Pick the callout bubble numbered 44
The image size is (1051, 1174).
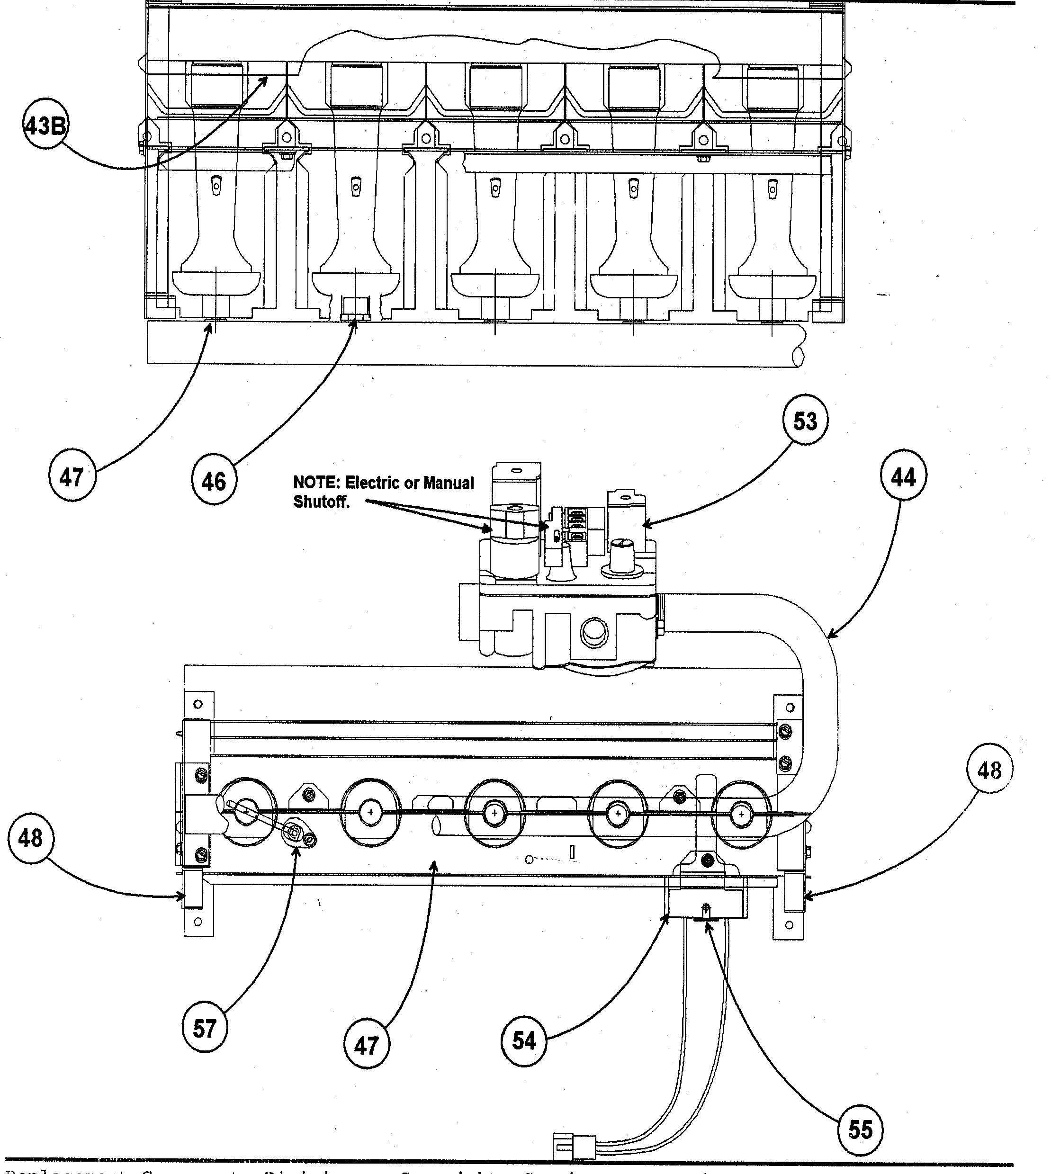click(x=903, y=477)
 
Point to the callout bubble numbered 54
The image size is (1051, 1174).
click(x=524, y=1040)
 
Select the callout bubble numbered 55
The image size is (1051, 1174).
click(x=859, y=1129)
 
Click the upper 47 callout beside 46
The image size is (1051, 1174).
click(x=72, y=477)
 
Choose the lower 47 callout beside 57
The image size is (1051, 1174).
click(x=366, y=1045)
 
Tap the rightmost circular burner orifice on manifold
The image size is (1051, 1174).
click(x=741, y=814)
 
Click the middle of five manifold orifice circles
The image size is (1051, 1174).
click(x=494, y=813)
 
